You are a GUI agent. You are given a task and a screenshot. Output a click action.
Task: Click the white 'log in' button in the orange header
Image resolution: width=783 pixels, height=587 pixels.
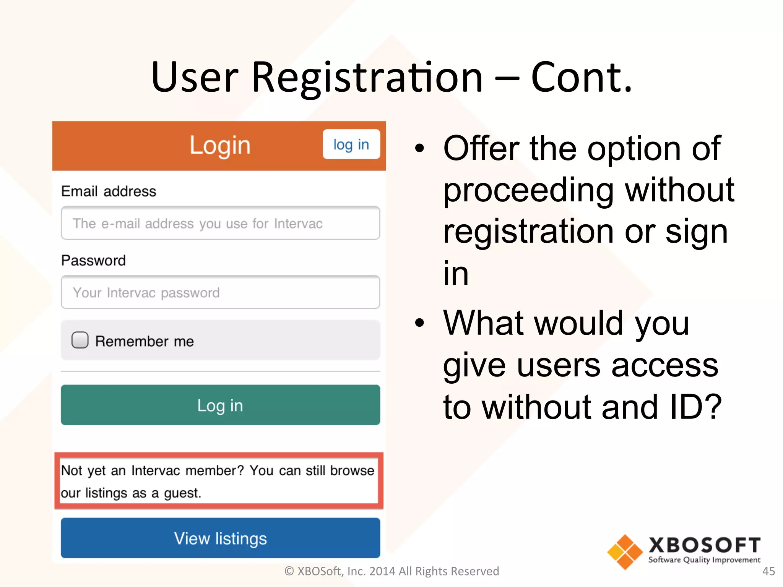[351, 144]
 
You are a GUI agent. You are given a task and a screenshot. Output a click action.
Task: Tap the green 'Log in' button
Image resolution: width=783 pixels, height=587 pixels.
[220, 405]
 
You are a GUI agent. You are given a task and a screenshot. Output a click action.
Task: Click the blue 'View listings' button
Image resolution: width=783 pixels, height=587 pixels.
[220, 538]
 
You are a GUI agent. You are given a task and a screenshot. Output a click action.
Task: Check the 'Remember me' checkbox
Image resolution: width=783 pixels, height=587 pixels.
[80, 340]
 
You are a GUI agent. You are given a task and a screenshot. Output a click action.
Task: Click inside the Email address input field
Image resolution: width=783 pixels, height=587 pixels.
[220, 223]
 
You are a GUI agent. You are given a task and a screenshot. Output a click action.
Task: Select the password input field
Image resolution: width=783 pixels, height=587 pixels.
[220, 292]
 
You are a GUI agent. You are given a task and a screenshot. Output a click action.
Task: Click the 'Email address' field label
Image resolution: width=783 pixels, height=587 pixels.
[109, 191]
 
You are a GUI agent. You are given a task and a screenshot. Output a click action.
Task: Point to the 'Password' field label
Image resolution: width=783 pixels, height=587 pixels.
[93, 260]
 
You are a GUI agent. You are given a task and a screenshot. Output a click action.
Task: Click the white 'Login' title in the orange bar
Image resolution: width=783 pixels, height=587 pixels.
[220, 145]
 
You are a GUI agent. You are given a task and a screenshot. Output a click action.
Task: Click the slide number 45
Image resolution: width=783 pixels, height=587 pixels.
[768, 571]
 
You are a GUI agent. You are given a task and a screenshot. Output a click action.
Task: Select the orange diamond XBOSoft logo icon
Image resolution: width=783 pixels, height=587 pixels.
[625, 552]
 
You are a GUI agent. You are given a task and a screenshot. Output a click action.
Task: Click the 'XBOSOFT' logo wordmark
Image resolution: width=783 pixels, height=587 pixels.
[704, 545]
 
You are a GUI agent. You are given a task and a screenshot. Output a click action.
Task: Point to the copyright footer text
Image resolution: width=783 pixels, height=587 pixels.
[391, 571]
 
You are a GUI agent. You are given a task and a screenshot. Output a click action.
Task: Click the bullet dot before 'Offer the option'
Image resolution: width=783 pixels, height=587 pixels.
[419, 148]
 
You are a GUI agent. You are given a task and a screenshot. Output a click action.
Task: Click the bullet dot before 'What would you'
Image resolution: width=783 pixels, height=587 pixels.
[419, 323]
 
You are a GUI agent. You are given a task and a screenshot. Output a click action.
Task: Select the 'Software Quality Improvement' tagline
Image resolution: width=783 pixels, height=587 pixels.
[704, 560]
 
